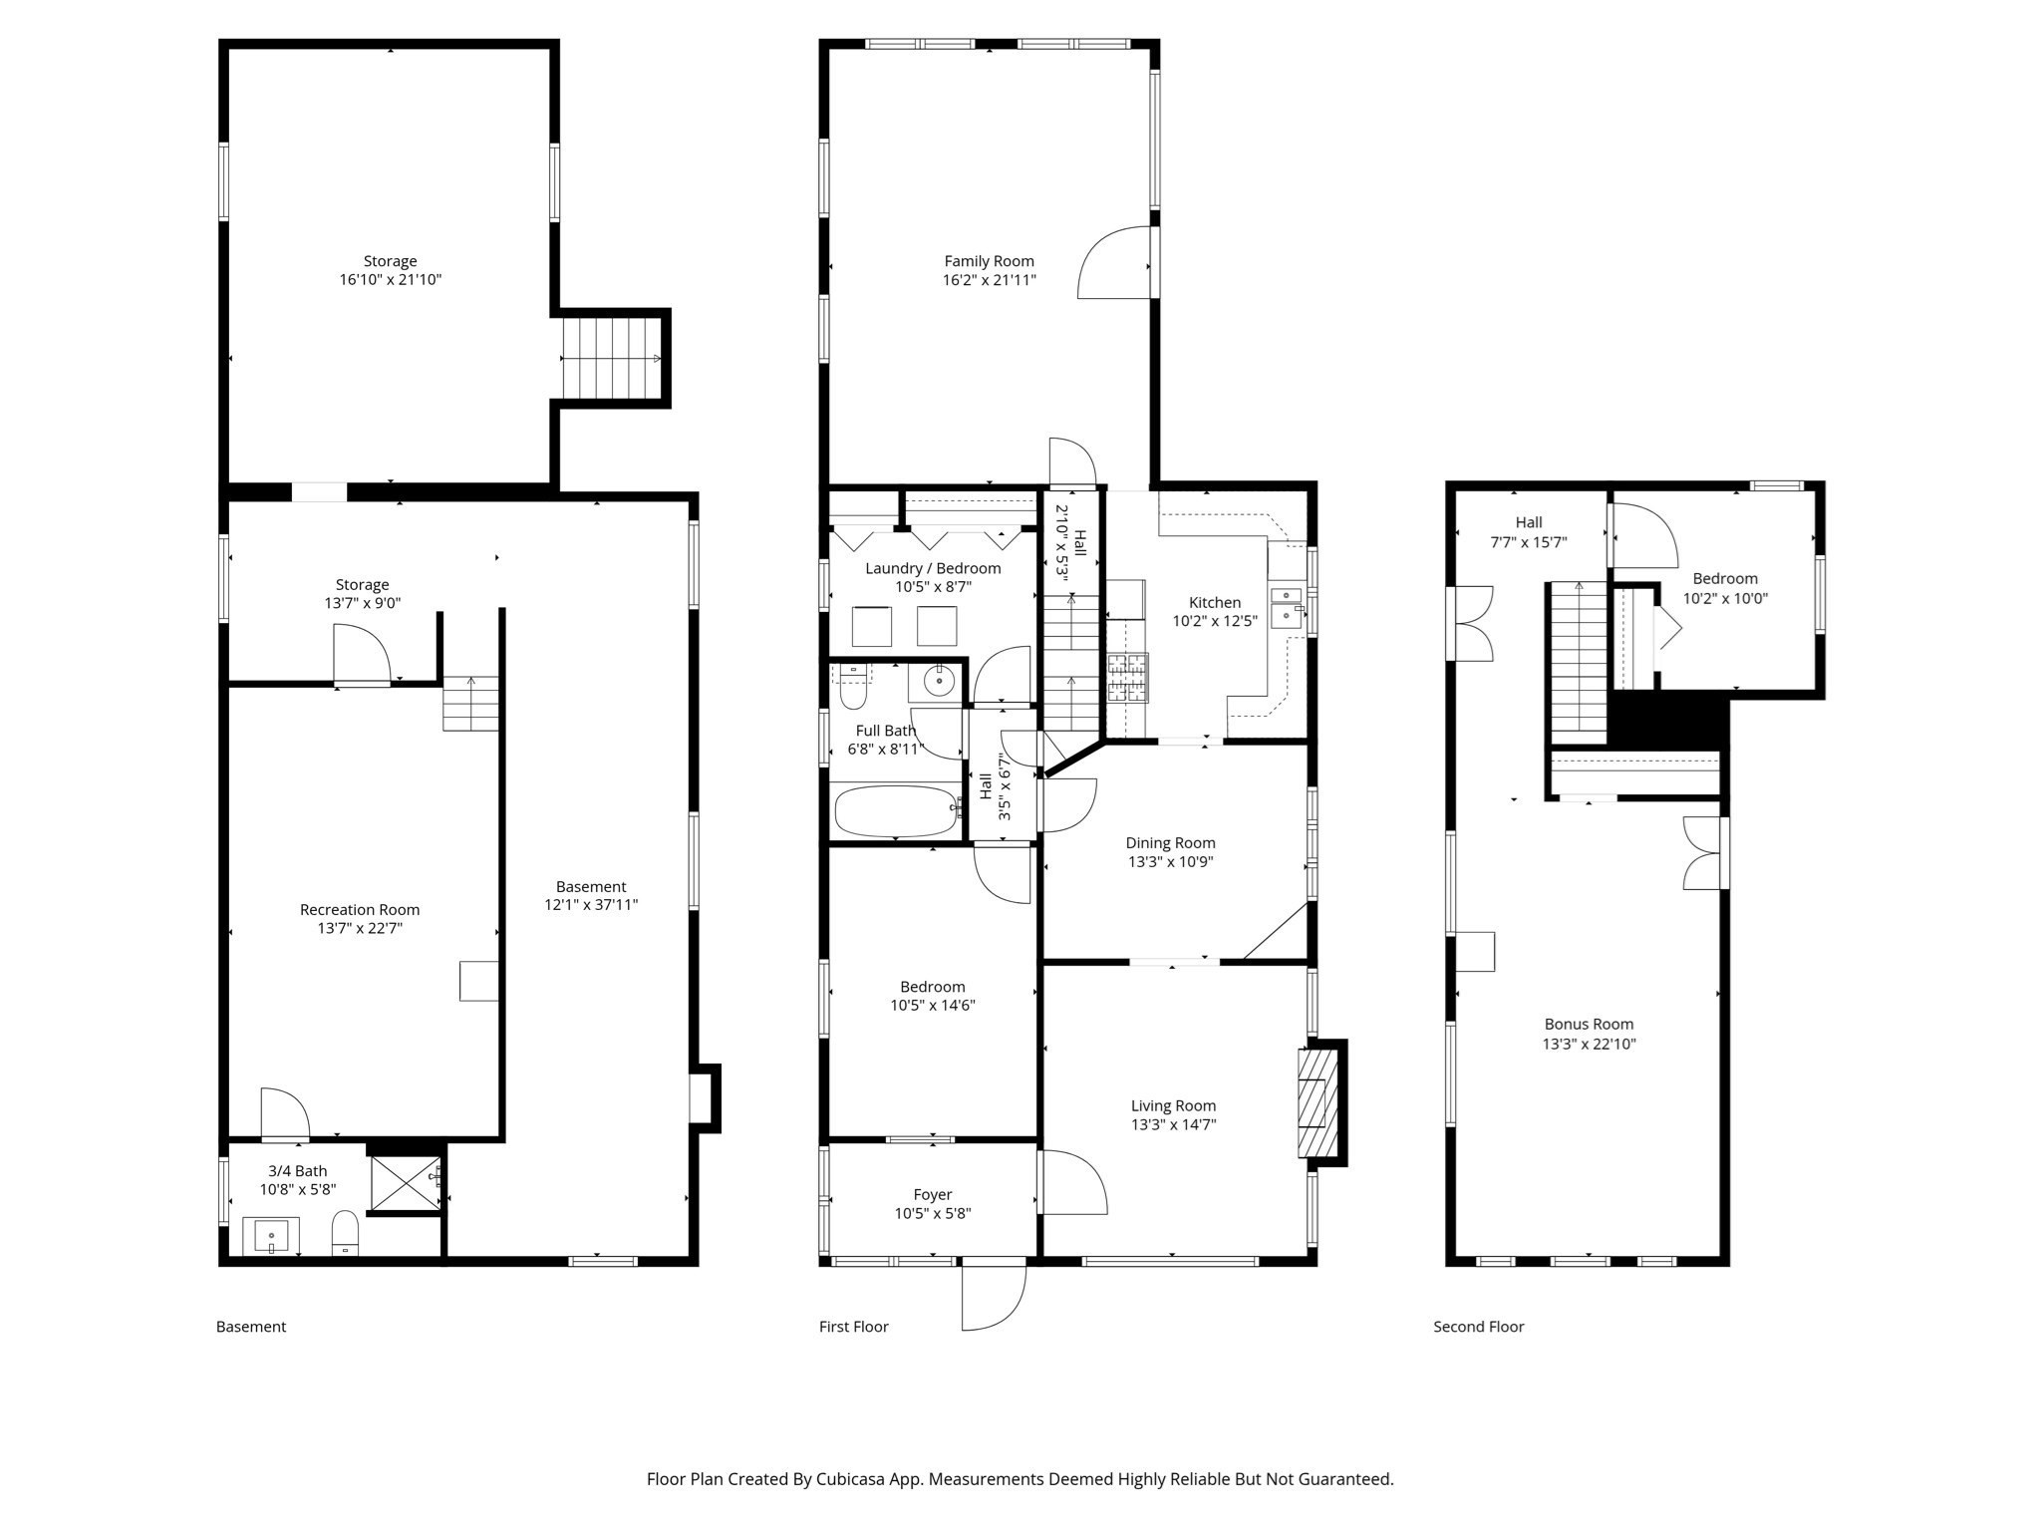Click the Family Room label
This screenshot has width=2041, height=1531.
coord(989,261)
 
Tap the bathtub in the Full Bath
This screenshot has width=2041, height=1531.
coord(894,811)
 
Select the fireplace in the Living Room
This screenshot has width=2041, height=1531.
coord(1314,1102)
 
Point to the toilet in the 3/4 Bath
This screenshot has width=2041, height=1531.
coord(345,1233)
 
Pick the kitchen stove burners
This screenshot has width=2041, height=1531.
coord(1128,678)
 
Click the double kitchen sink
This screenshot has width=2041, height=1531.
coord(1287,604)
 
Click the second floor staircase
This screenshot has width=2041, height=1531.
coord(1579,663)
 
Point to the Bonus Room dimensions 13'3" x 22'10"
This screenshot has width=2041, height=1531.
coord(1589,1045)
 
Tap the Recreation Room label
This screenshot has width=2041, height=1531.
coord(360,909)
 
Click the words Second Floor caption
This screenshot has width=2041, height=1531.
coord(1478,1327)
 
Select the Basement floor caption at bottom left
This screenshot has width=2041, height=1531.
coord(251,1327)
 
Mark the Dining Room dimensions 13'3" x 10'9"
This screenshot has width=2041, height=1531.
coord(1170,862)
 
